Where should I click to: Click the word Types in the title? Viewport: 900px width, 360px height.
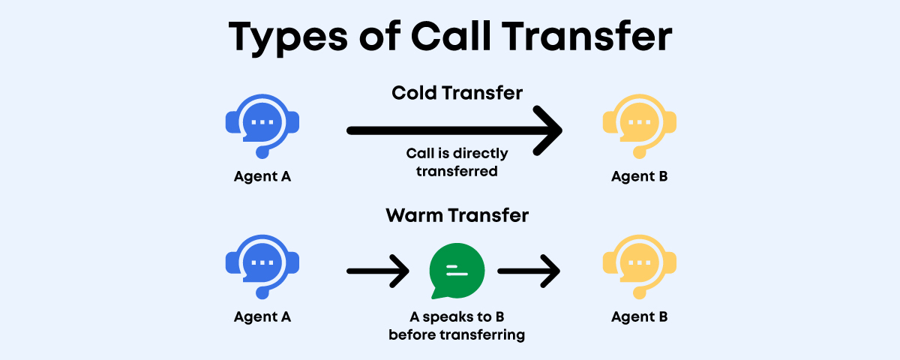pos(288,38)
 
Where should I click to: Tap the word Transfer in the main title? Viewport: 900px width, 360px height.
pos(586,36)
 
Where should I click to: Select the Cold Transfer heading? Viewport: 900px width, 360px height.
pos(457,93)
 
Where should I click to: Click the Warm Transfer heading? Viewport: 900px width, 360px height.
pos(457,215)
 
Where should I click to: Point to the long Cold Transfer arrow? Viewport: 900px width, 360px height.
pos(454,130)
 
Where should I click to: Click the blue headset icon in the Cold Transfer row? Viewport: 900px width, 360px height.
pos(262,126)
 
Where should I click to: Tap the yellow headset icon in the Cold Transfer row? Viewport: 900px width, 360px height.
pos(639,126)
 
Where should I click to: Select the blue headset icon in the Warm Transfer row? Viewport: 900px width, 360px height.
pos(262,267)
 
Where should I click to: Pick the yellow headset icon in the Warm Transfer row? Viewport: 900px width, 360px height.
pos(639,267)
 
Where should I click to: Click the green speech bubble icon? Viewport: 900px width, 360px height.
pos(457,271)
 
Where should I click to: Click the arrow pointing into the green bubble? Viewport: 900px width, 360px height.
pos(378,271)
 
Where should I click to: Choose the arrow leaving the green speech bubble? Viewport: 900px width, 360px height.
pos(529,271)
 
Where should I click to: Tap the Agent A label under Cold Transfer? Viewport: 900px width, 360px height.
pos(262,176)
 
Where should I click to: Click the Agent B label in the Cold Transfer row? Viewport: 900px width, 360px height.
pos(639,176)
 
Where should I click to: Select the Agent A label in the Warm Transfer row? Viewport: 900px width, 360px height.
pos(262,317)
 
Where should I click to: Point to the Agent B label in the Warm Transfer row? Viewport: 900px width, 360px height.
pos(639,317)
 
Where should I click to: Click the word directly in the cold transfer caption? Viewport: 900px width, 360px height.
pos(480,154)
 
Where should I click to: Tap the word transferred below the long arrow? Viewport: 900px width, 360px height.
pos(457,172)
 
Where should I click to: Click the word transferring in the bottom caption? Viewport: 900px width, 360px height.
pos(482,335)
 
